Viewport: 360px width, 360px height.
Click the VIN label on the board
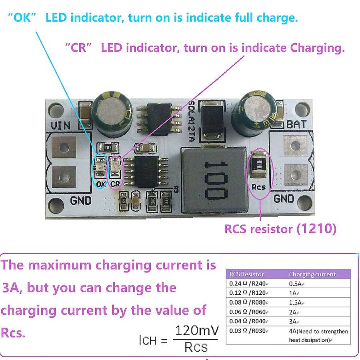tap(60, 125)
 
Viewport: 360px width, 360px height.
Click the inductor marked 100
tap(211, 180)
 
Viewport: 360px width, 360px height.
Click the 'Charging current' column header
tap(312, 274)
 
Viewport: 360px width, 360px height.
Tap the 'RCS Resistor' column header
tap(246, 274)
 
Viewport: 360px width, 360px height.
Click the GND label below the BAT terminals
tap(284, 199)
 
